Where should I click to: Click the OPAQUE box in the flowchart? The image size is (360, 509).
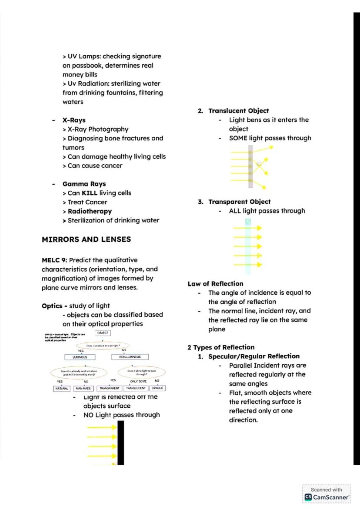tap(157, 388)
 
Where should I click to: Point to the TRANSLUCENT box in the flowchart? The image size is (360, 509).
tap(136, 388)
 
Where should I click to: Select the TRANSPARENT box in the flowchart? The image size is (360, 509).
tap(110, 388)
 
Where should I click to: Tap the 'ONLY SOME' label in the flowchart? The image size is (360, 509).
tap(138, 381)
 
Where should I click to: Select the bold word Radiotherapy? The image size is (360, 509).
tap(90, 211)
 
